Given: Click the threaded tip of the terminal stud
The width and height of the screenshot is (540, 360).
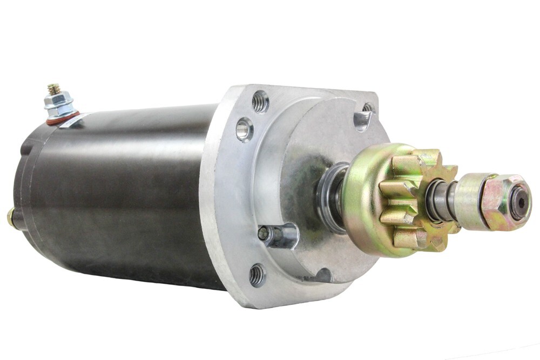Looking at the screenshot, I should (x=53, y=88).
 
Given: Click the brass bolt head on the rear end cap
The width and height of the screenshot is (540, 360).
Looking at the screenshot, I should (x=10, y=216).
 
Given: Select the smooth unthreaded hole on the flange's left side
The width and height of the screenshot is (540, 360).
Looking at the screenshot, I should (x=244, y=129).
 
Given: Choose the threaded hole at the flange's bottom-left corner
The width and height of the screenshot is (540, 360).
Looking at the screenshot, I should (x=257, y=275).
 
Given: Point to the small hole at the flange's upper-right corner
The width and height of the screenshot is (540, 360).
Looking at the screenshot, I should (x=368, y=107).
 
